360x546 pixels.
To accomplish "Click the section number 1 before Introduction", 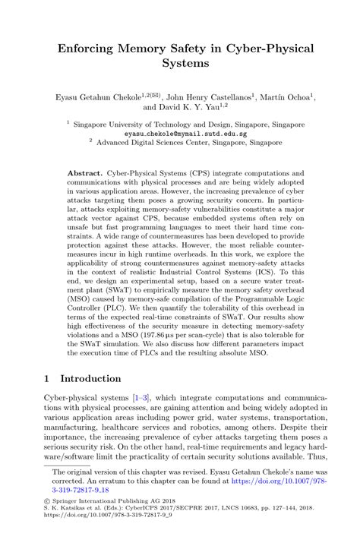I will click(47, 378).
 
